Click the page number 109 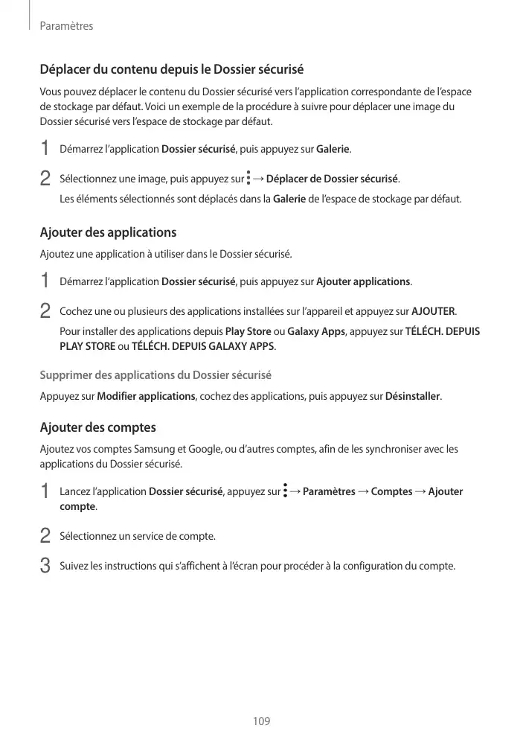click(x=261, y=721)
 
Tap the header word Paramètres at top click(x=65, y=26)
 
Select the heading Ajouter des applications click(x=108, y=232)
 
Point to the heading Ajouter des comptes click(x=97, y=427)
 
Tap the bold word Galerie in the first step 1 click(x=333, y=150)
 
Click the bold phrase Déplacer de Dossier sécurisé click(x=332, y=179)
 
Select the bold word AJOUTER click(x=433, y=310)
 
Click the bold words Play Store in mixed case click(x=248, y=331)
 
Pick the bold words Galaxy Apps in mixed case click(x=315, y=331)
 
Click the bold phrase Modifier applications click(x=146, y=395)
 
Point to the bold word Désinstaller click(x=412, y=395)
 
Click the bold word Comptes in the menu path click(x=391, y=491)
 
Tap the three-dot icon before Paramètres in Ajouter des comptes click(x=285, y=491)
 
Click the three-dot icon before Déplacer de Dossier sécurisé click(x=248, y=179)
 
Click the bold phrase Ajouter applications click(x=363, y=281)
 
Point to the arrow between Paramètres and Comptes click(x=363, y=491)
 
